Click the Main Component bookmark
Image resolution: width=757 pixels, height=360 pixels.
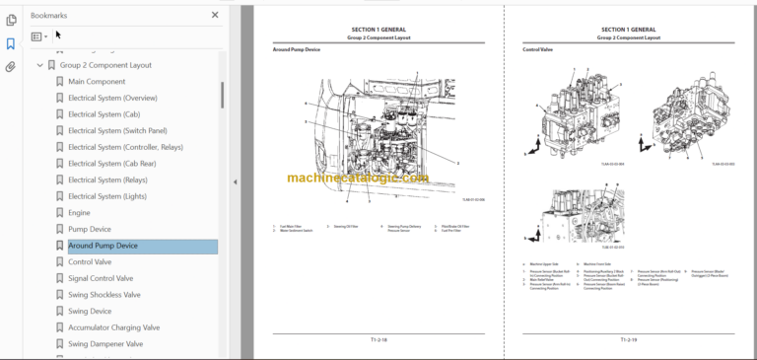pyautogui.click(x=97, y=81)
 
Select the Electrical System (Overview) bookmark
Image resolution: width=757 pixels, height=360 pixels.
pyautogui.click(x=112, y=98)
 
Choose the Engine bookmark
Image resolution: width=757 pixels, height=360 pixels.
pyautogui.click(x=79, y=212)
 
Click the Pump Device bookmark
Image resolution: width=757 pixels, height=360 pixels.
pyautogui.click(x=90, y=229)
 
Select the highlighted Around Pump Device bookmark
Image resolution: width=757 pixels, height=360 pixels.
pyautogui.click(x=103, y=246)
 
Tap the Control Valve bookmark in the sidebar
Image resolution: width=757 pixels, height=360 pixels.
pyautogui.click(x=90, y=262)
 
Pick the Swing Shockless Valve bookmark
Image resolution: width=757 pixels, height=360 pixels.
pyautogui.click(x=103, y=295)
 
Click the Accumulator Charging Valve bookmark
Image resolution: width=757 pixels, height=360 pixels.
pyautogui.click(x=113, y=327)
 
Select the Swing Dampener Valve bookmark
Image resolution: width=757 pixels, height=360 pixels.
pyautogui.click(x=105, y=344)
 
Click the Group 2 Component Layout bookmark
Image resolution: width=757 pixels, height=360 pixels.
pyautogui.click(x=104, y=65)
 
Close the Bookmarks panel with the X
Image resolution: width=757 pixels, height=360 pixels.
pyautogui.click(x=215, y=15)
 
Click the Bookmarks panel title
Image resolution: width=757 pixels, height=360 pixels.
pyautogui.click(x=49, y=16)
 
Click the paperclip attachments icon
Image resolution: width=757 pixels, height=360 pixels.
pyautogui.click(x=11, y=67)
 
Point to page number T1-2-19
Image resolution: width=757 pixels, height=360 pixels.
pyautogui.click(x=628, y=339)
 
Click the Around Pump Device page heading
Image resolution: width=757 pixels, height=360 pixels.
pyautogui.click(x=297, y=49)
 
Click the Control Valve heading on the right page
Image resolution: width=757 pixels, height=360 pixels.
pyautogui.click(x=537, y=49)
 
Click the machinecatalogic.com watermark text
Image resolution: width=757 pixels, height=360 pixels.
pyautogui.click(x=358, y=179)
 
